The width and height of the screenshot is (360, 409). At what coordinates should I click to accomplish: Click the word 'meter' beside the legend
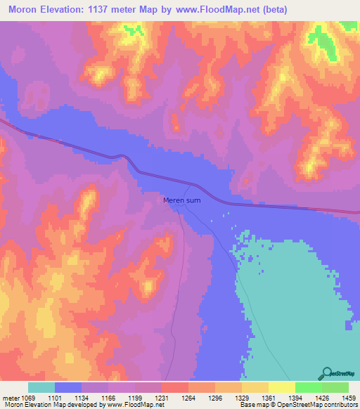[x=10, y=397]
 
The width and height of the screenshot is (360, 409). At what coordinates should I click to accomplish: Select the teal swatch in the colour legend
[x=41, y=387]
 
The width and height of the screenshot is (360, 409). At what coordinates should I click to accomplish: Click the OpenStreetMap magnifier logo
[x=325, y=373]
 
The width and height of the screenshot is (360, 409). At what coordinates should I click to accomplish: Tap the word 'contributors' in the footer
[x=340, y=405]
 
